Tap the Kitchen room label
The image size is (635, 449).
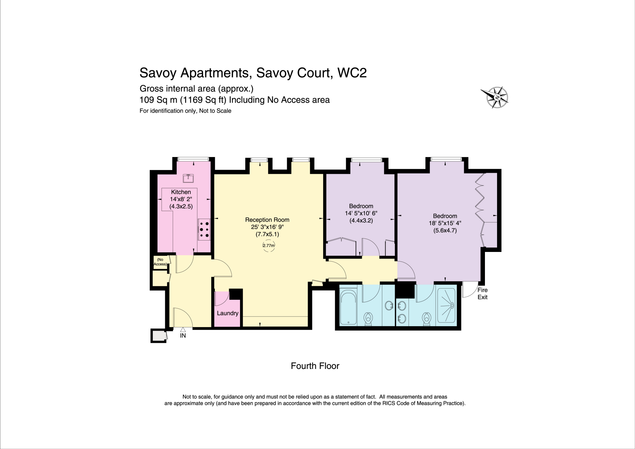(181, 192)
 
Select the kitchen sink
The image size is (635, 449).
(188, 178)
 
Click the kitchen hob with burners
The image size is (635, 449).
(204, 229)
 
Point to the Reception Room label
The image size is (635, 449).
(267, 220)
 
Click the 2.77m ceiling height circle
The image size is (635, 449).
(269, 245)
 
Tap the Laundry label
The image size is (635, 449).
(228, 313)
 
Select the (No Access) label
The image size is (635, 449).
(160, 262)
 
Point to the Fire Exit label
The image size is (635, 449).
(482, 294)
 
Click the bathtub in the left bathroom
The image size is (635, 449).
(349, 307)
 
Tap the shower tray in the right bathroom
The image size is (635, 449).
(446, 306)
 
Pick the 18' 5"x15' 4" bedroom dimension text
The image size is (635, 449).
(445, 223)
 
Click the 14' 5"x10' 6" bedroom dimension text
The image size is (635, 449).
(361, 213)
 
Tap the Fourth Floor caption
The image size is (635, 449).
(315, 366)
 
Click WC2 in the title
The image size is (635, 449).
(352, 73)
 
